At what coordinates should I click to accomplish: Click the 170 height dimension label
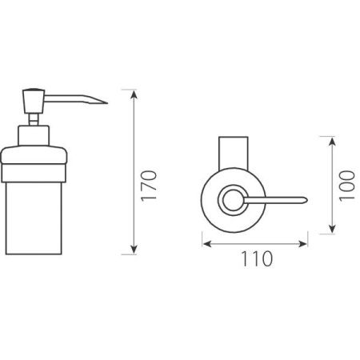tap(149, 186)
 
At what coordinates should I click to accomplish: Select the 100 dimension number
tap(347, 186)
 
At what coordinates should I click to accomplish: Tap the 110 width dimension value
tap(257, 258)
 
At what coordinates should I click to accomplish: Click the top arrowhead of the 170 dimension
tap(134, 94)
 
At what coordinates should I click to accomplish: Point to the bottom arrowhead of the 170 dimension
tap(134, 250)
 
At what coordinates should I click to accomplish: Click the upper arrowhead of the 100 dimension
tap(332, 141)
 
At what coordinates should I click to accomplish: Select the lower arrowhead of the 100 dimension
tap(332, 229)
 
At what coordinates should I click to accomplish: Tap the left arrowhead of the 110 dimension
tap(207, 244)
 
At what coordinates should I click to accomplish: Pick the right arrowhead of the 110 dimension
tap(302, 244)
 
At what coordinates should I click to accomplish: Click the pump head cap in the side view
tap(34, 102)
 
